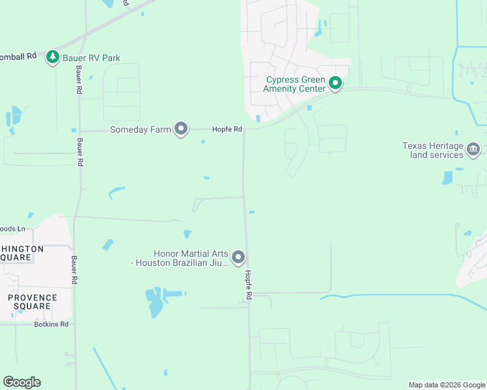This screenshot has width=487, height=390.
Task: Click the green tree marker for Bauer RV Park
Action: click(x=53, y=58)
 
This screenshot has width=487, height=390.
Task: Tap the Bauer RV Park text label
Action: click(x=92, y=58)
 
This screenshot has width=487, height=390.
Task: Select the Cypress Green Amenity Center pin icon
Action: click(x=335, y=83)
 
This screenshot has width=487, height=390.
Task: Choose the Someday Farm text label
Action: click(x=140, y=129)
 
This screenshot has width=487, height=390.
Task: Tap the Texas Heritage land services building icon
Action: click(x=473, y=150)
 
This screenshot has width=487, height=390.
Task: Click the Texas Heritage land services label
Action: click(x=433, y=150)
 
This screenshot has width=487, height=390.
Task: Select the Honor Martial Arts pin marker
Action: click(x=238, y=258)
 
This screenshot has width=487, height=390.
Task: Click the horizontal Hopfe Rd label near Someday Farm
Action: click(x=227, y=129)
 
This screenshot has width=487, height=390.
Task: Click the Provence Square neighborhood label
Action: click(x=32, y=302)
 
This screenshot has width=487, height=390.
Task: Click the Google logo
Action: click(x=21, y=382)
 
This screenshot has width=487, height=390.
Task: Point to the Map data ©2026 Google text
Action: click(x=447, y=385)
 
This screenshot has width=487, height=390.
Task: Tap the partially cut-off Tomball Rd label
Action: click(x=18, y=57)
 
